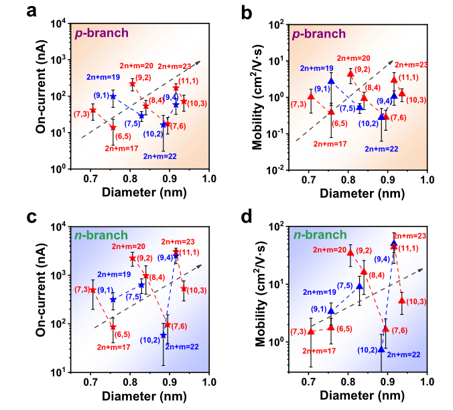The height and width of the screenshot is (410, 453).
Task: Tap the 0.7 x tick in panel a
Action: point(90,179)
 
